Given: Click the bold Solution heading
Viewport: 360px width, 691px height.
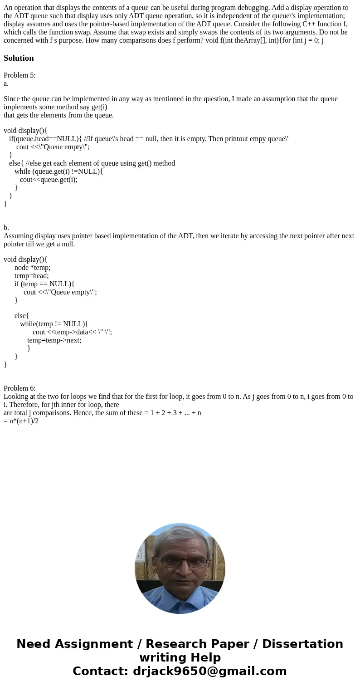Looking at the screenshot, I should [19, 58].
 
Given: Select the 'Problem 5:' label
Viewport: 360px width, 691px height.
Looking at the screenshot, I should [19, 75].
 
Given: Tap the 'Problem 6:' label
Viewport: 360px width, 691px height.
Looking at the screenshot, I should [19, 388].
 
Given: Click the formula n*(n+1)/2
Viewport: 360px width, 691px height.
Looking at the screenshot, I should [21, 421].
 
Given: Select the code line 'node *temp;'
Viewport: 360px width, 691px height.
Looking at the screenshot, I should [32, 267].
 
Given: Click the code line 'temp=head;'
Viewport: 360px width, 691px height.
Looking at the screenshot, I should [31, 275].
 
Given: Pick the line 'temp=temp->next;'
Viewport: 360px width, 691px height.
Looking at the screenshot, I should [54, 340].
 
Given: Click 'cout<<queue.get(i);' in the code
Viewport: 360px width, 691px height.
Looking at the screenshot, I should [49, 179].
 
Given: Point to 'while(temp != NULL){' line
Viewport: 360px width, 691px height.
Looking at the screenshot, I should [54, 323].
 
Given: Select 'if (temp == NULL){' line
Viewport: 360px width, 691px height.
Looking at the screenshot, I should [44, 284].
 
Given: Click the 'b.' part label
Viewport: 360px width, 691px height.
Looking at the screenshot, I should [6, 227].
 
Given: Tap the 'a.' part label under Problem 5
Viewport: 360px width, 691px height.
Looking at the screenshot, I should [6, 83].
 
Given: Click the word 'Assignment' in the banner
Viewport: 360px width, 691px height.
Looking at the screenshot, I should [94, 644].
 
